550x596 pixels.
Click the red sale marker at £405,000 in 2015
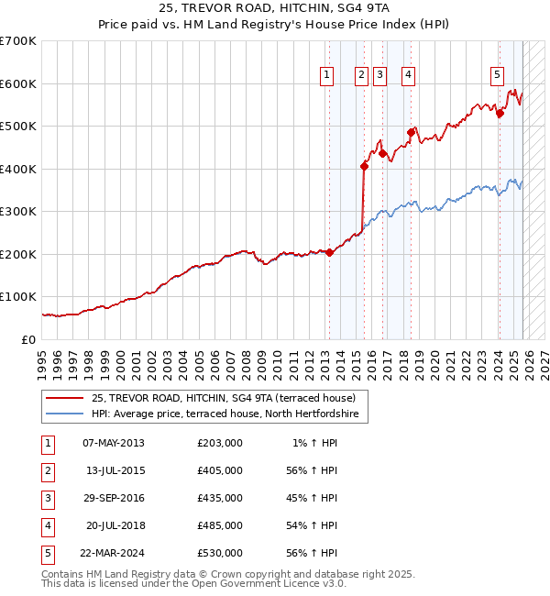[364, 166]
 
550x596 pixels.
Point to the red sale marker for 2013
[330, 253]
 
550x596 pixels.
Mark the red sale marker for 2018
[411, 133]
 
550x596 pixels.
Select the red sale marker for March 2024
[500, 114]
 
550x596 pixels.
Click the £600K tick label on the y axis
[17, 83]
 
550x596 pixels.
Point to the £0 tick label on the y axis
[28, 339]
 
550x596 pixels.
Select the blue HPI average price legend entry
[229, 414]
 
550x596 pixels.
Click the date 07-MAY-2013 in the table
[113, 443]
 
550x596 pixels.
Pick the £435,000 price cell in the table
[219, 498]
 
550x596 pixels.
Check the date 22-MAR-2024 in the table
[113, 553]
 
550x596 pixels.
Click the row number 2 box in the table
[46, 470]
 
